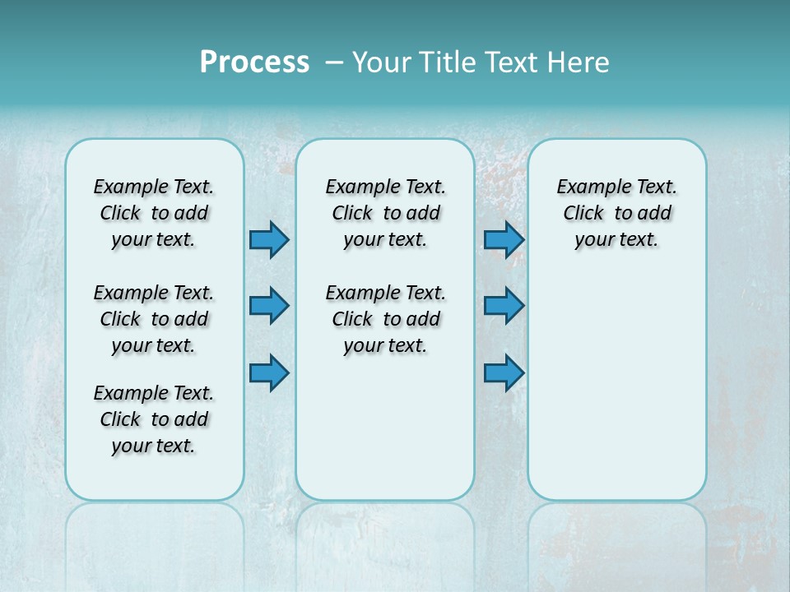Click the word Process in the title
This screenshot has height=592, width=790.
(x=254, y=62)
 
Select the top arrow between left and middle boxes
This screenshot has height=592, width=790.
(x=269, y=240)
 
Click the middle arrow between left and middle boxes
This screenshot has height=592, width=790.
(x=269, y=306)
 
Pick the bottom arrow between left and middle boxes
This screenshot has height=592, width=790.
(x=269, y=373)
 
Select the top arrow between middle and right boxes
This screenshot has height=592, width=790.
(x=504, y=240)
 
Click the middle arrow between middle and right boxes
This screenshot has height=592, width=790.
(x=504, y=306)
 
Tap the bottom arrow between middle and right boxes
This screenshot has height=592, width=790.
(x=504, y=373)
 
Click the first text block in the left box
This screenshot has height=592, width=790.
(x=154, y=213)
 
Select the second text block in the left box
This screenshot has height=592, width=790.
(x=154, y=319)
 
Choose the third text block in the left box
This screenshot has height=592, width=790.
(x=154, y=419)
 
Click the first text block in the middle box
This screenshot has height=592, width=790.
(x=385, y=213)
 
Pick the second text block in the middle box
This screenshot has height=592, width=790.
(x=385, y=319)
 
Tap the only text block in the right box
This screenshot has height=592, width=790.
(x=616, y=213)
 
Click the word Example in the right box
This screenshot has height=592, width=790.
(x=588, y=187)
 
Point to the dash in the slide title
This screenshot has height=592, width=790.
(x=334, y=62)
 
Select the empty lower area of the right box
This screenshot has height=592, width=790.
(x=616, y=386)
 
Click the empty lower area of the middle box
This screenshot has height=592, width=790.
(x=385, y=428)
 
